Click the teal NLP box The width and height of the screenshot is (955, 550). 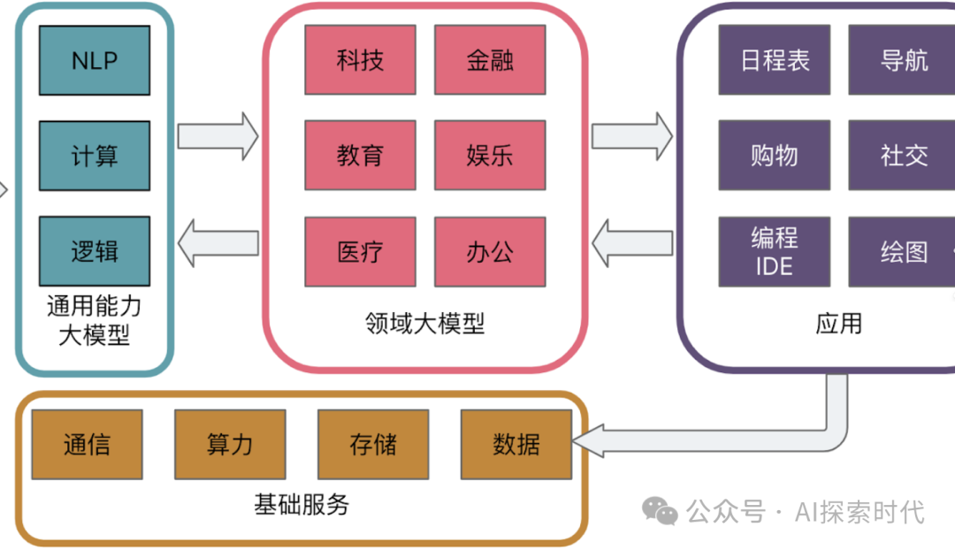tap(95, 60)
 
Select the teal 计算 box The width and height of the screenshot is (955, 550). tap(95, 156)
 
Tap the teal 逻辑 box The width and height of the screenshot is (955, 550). tap(95, 251)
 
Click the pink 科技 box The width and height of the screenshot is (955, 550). tap(360, 60)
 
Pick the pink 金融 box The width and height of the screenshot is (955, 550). tap(490, 60)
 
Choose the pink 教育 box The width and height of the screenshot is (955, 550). tap(360, 156)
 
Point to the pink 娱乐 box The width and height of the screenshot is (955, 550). tap(490, 156)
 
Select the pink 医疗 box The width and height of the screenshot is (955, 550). tap(360, 252)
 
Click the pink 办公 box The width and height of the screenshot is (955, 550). tap(490, 252)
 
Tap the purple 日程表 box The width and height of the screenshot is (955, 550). tap(775, 60)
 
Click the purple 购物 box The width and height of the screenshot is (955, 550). tap(775, 156)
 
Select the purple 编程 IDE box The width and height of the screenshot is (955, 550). tap(775, 252)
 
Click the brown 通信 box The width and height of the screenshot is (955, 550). tap(87, 445)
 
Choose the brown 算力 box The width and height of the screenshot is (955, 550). tap(230, 445)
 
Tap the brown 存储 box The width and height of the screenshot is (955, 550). tap(373, 445)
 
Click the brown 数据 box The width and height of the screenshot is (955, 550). tap(516, 445)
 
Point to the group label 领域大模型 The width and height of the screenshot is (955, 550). tap(425, 324)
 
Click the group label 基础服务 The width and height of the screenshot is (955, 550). tap(302, 505)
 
